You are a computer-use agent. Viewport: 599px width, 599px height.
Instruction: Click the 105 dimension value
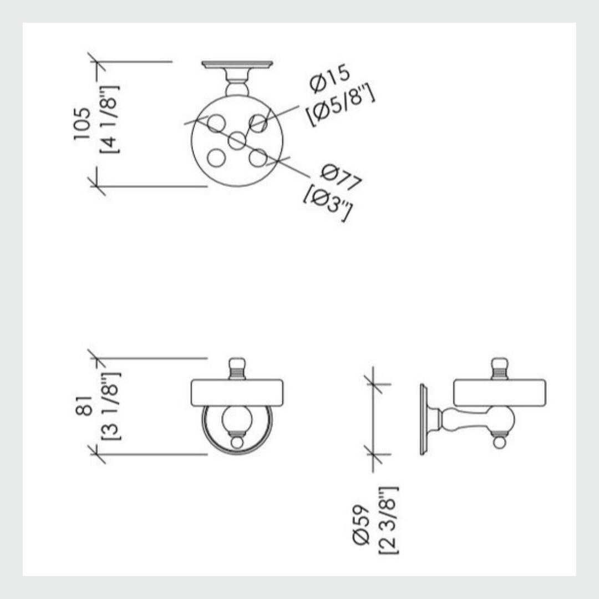(x=83, y=123)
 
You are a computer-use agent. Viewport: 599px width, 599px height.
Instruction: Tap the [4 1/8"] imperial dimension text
(x=109, y=120)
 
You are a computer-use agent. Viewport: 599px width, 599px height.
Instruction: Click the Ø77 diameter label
(x=341, y=177)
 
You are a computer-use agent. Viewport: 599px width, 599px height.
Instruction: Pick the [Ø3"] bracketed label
(x=328, y=203)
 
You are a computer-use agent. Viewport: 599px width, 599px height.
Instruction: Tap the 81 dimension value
(x=84, y=405)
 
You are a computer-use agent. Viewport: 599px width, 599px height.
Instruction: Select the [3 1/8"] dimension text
(x=111, y=405)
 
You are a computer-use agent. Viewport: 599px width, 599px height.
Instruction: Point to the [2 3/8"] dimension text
(x=388, y=520)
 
